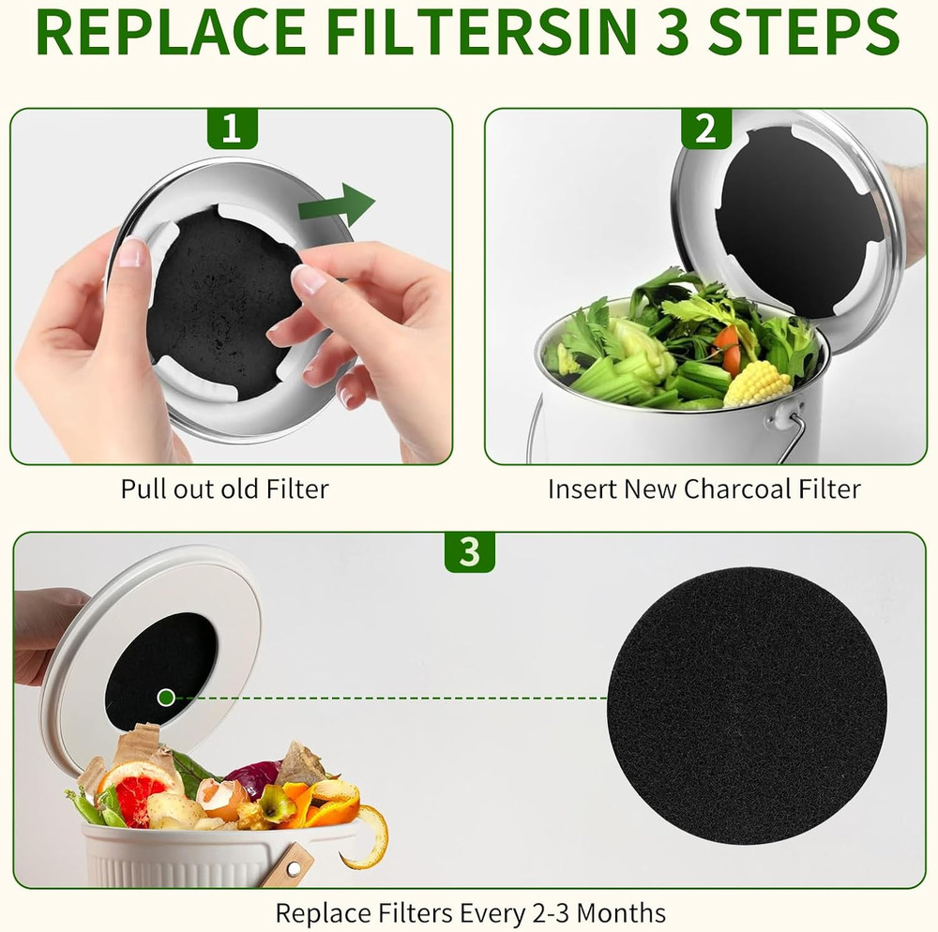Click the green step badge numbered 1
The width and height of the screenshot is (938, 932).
[x=231, y=128]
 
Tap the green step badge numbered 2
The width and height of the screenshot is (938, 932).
[x=705, y=128]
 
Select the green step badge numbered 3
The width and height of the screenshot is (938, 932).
[x=469, y=552]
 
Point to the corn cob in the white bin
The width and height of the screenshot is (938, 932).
[x=757, y=383]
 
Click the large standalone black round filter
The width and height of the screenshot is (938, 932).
[x=747, y=692]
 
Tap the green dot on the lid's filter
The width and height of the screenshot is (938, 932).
[x=165, y=697]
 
